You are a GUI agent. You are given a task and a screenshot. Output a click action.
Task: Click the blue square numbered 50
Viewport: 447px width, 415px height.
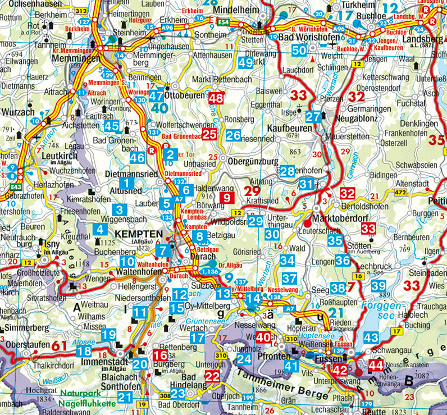tap(300, 51)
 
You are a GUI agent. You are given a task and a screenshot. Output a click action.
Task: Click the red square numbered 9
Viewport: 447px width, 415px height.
tap(226, 197)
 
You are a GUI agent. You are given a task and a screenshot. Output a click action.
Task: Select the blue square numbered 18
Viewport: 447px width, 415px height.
tap(84, 351)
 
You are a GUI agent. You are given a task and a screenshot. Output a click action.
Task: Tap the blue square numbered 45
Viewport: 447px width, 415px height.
tap(112, 127)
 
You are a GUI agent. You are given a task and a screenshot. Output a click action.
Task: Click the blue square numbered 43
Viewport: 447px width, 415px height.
tap(371, 338)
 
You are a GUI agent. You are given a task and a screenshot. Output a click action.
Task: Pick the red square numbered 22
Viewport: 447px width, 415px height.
tap(212, 377)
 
